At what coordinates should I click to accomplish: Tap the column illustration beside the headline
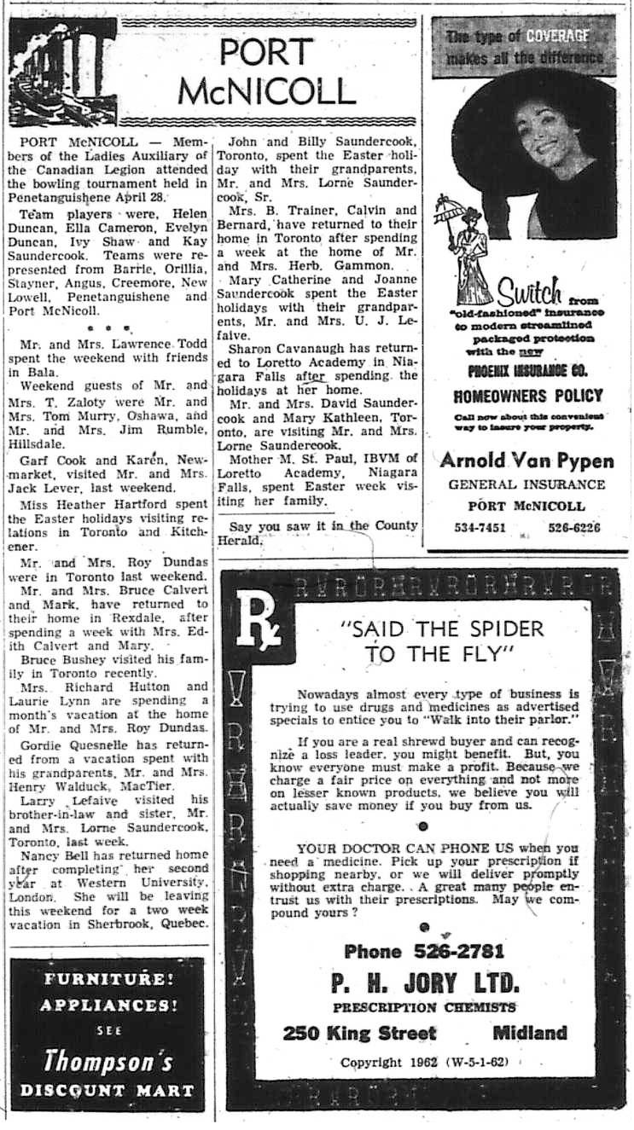coord(61,72)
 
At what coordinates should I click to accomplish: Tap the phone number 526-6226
coord(574,527)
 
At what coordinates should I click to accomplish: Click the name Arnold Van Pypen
coord(526,461)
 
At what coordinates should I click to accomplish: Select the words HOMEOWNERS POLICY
coord(526,396)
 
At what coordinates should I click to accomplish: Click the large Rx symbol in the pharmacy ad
coord(259,610)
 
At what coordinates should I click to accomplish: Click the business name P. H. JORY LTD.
coord(424,982)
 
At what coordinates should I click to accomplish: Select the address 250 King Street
coord(359,1033)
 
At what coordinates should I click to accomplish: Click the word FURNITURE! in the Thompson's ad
coord(108,978)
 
